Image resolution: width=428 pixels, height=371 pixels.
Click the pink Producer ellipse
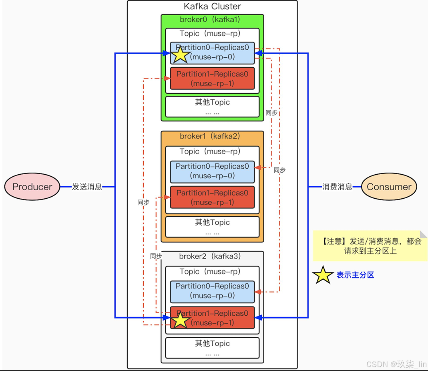(32, 187)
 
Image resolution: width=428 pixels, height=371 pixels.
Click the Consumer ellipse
(389, 187)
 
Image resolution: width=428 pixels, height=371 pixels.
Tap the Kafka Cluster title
(212, 6)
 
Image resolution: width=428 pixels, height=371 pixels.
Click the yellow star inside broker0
(181, 54)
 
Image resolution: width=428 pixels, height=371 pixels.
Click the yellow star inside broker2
(181, 321)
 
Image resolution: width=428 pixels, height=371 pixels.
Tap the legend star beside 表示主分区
(323, 275)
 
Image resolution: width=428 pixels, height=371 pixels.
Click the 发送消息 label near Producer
(87, 187)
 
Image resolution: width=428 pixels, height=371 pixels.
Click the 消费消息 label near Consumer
(338, 187)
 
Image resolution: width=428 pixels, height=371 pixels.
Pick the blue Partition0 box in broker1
(212, 171)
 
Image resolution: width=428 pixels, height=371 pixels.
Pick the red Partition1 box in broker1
(212, 198)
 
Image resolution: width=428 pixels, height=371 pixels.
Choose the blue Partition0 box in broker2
(212, 291)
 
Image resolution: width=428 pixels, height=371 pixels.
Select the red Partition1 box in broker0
(212, 79)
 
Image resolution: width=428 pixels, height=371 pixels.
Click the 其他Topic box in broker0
(212, 107)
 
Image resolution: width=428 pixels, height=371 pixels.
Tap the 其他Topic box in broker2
(212, 347)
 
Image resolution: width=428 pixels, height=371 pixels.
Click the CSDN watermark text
(396, 364)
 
